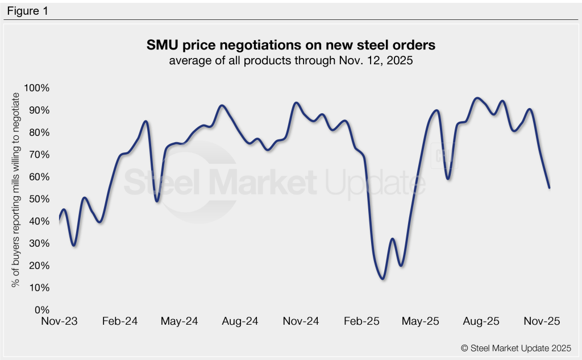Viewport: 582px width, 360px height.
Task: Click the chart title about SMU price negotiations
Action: (290, 45)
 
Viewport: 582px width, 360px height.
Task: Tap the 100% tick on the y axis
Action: (37, 88)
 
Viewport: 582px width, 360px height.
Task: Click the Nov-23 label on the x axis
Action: (59, 321)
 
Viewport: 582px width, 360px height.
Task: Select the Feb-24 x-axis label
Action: (120, 321)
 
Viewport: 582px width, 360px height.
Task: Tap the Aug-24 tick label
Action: (240, 321)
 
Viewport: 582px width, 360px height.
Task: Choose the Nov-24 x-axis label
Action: (301, 321)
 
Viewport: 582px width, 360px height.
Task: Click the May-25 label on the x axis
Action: (421, 321)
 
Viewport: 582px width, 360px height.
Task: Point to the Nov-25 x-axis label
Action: (542, 321)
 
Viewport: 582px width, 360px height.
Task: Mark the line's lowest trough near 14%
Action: (383, 279)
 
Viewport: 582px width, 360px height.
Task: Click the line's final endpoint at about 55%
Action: (549, 188)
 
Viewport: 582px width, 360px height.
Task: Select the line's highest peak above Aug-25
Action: (477, 98)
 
